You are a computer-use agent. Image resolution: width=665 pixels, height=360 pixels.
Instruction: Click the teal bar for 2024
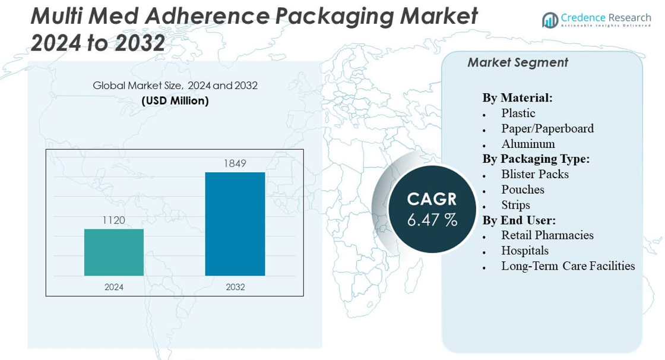[114, 252]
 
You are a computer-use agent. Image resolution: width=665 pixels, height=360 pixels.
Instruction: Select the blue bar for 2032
[235, 224]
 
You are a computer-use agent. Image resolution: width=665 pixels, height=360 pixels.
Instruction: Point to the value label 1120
[114, 220]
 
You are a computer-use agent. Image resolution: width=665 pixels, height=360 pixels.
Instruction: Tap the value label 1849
[235, 163]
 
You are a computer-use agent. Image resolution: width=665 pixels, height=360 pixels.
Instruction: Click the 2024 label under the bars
[114, 287]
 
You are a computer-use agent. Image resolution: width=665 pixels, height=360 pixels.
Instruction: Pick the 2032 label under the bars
[235, 287]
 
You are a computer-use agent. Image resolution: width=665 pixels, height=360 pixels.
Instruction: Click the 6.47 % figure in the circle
[432, 220]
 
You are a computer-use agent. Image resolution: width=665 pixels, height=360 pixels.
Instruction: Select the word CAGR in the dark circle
[432, 198]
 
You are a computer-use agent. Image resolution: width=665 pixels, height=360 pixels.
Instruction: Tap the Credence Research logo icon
[550, 21]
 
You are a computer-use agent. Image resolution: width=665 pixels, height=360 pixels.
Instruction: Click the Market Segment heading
[518, 62]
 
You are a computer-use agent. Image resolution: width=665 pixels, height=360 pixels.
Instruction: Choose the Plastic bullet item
[518, 113]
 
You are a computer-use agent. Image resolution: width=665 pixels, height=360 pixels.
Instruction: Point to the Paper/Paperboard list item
[547, 128]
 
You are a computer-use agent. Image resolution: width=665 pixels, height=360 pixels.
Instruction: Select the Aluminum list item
[528, 144]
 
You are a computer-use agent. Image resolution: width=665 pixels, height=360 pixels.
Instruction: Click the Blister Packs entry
[534, 174]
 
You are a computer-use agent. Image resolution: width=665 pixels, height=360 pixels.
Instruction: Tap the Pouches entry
[522, 190]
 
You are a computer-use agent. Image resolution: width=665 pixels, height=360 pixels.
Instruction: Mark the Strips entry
[515, 205]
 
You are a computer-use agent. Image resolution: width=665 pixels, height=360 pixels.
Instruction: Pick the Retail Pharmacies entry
[547, 235]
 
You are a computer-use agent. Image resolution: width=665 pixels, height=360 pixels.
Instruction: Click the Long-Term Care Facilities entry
[568, 266]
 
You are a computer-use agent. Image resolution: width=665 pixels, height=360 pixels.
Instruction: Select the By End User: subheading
[519, 220]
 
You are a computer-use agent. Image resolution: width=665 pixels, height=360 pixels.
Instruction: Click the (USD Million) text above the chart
[175, 100]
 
